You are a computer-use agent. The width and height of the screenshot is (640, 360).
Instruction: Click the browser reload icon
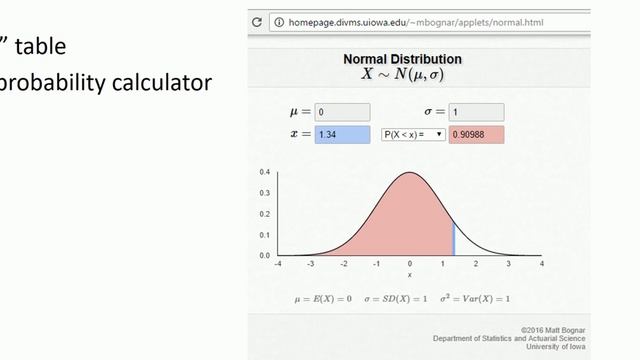click(x=257, y=21)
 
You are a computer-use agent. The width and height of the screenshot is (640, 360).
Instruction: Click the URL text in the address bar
click(x=380, y=21)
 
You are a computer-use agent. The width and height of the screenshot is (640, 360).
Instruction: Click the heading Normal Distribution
click(x=402, y=59)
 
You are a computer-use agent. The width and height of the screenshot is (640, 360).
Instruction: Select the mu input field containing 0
click(x=342, y=112)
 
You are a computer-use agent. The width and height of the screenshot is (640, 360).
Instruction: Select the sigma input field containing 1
click(x=476, y=112)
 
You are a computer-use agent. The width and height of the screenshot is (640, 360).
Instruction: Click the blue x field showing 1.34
click(x=342, y=134)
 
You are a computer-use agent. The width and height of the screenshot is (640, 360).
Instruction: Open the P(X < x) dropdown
click(x=413, y=134)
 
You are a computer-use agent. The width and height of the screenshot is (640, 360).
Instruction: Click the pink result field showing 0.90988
click(x=477, y=134)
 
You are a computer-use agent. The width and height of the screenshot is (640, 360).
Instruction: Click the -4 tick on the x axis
click(x=277, y=264)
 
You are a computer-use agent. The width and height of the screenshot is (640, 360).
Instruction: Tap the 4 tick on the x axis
click(x=542, y=264)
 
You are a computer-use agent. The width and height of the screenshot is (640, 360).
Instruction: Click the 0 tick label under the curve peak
click(x=410, y=264)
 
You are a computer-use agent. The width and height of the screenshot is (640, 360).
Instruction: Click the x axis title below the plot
click(x=410, y=275)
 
